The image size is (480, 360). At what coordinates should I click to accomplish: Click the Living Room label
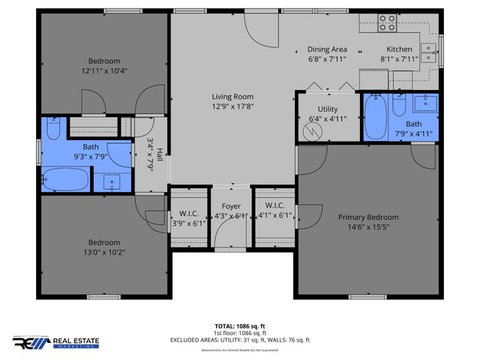pyautogui.click(x=232, y=97)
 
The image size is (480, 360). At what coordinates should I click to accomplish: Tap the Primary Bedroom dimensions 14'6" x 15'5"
pyautogui.click(x=367, y=228)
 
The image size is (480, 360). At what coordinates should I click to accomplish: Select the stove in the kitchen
pyautogui.click(x=387, y=23)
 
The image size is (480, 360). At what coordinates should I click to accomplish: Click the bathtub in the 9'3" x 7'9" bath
pyautogui.click(x=66, y=181)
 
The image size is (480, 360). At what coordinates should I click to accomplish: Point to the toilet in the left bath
pyautogui.click(x=53, y=128)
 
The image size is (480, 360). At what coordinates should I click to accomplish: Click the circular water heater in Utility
pyautogui.click(x=311, y=131)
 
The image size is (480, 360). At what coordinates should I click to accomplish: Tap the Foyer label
pyautogui.click(x=230, y=205)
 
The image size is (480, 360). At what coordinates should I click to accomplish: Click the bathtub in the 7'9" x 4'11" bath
pyautogui.click(x=376, y=115)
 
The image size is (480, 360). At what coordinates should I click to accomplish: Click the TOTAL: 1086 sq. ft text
pyautogui.click(x=240, y=326)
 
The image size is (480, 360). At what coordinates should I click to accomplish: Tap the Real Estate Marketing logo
pyautogui.click(x=61, y=343)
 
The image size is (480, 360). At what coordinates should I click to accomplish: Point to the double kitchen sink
pyautogui.click(x=428, y=52)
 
